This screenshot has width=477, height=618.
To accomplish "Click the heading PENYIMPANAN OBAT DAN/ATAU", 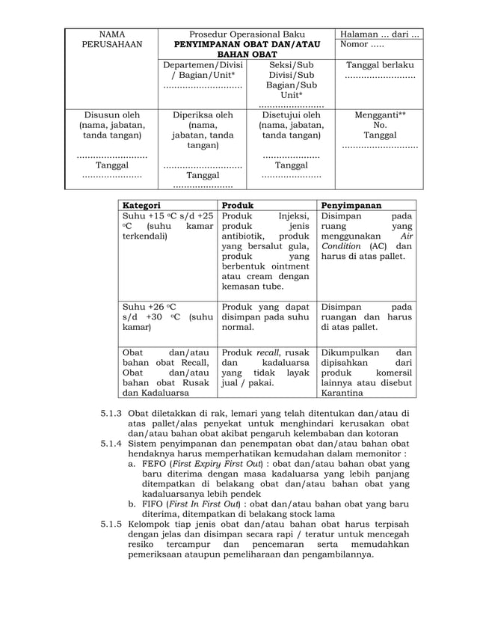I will click(246, 46).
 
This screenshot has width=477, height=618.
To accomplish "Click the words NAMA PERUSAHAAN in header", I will click(111, 40).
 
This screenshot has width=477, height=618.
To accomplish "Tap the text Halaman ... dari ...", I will click(379, 34).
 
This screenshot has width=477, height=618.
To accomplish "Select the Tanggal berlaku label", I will click(380, 65).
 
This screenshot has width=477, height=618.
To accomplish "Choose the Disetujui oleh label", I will click(291, 115).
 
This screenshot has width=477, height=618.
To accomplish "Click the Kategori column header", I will click(141, 204).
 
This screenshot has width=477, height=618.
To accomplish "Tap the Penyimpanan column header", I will click(351, 204).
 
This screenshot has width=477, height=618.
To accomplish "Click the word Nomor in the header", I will click(354, 45).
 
